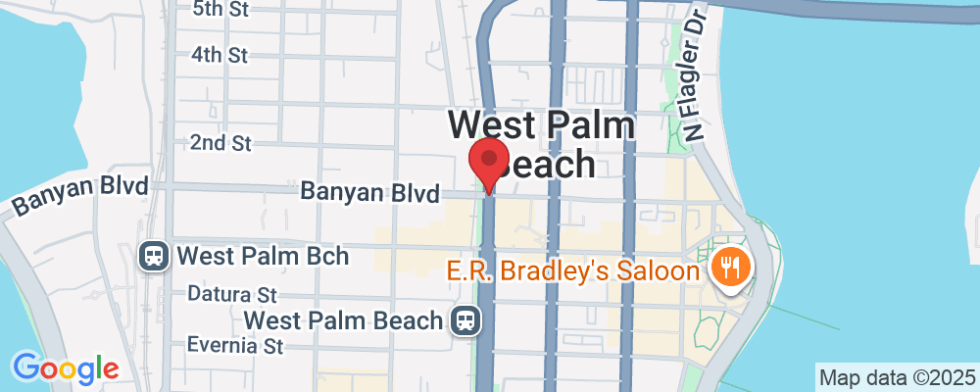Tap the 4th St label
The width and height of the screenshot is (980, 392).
point(220,55)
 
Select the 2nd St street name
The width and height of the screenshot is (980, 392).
point(220,143)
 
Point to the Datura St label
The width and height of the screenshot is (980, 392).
point(232,294)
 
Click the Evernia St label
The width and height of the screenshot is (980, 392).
point(235,345)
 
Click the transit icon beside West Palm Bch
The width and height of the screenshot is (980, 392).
point(154,257)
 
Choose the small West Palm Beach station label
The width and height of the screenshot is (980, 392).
point(346,320)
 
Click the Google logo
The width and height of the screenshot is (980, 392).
point(66,368)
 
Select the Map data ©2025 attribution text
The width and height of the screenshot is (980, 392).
point(898,377)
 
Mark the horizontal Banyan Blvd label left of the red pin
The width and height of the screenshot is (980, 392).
point(369,193)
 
